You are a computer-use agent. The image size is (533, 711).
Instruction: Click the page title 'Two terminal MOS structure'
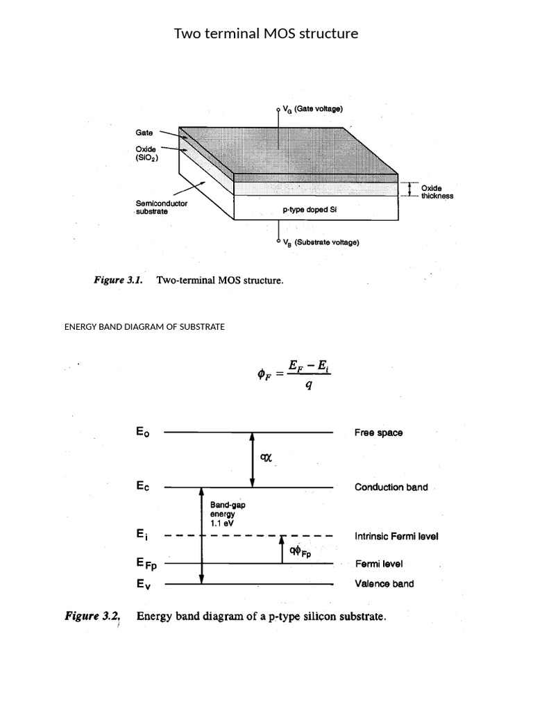pos(266,33)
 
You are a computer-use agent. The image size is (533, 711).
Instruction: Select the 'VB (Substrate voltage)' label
pos(321,242)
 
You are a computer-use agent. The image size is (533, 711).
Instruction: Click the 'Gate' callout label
pos(144,131)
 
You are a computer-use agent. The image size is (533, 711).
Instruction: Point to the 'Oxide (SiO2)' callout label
pos(147,153)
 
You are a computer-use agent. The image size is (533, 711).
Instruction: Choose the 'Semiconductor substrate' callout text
pos(160,208)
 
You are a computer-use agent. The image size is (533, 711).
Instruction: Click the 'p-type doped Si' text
pos(310,209)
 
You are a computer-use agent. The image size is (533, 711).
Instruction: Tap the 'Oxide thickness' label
pos(437,192)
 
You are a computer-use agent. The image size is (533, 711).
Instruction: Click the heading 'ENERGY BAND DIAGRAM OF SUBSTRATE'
pos(144,326)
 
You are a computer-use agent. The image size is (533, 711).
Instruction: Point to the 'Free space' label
pos(378,433)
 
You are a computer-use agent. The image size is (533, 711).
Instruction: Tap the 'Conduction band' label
pos(391,487)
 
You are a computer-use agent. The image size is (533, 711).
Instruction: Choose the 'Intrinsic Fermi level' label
pos(396,536)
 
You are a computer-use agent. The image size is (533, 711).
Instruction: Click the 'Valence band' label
pos(384,584)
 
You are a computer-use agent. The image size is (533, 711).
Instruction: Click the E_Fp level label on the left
pos(151,564)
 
